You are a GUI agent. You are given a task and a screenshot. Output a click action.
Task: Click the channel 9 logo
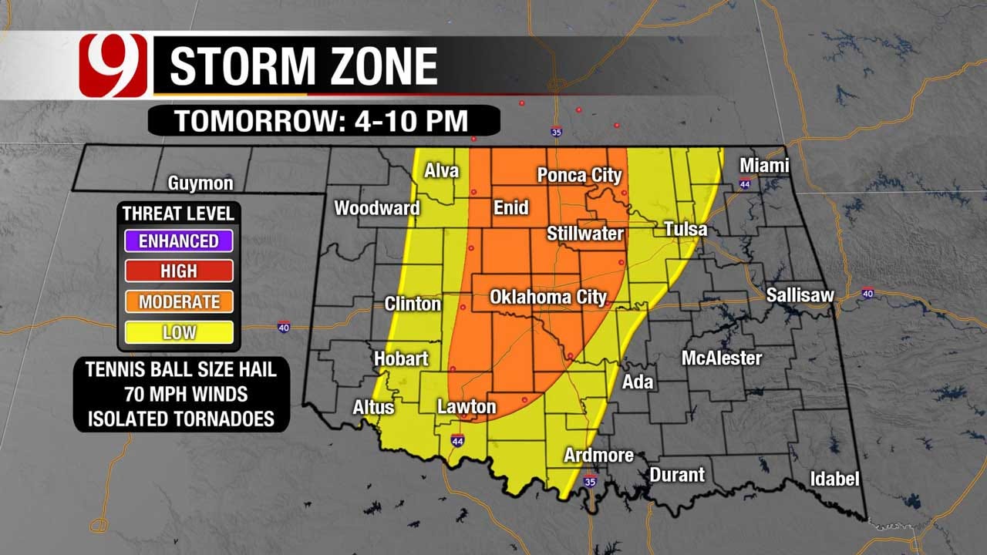point(113,66)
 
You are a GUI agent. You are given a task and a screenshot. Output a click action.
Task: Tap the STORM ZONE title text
point(303,66)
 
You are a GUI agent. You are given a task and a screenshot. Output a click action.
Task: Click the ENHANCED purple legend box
point(178,240)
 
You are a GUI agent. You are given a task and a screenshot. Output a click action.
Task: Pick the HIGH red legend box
point(178,271)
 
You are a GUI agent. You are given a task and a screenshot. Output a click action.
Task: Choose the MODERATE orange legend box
point(178,302)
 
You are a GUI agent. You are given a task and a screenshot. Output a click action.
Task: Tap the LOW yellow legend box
point(178,333)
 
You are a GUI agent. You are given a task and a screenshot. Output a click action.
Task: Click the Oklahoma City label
point(548,297)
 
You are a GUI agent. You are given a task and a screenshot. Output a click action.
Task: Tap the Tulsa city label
point(686,229)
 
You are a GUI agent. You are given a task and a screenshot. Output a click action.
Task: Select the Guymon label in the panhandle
point(200,183)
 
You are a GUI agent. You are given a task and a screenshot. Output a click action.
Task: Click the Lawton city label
point(466,406)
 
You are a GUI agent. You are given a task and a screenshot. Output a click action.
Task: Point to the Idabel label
point(834,479)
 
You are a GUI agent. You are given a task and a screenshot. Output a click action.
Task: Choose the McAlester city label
point(721,358)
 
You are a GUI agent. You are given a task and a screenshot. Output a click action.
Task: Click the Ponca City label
point(579,176)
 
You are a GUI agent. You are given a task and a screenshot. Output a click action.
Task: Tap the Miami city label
point(764,165)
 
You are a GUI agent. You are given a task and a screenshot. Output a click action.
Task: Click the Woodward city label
point(376,208)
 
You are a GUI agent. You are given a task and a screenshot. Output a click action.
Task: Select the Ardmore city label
point(598,455)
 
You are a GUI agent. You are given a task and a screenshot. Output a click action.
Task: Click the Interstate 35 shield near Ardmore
point(590,482)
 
